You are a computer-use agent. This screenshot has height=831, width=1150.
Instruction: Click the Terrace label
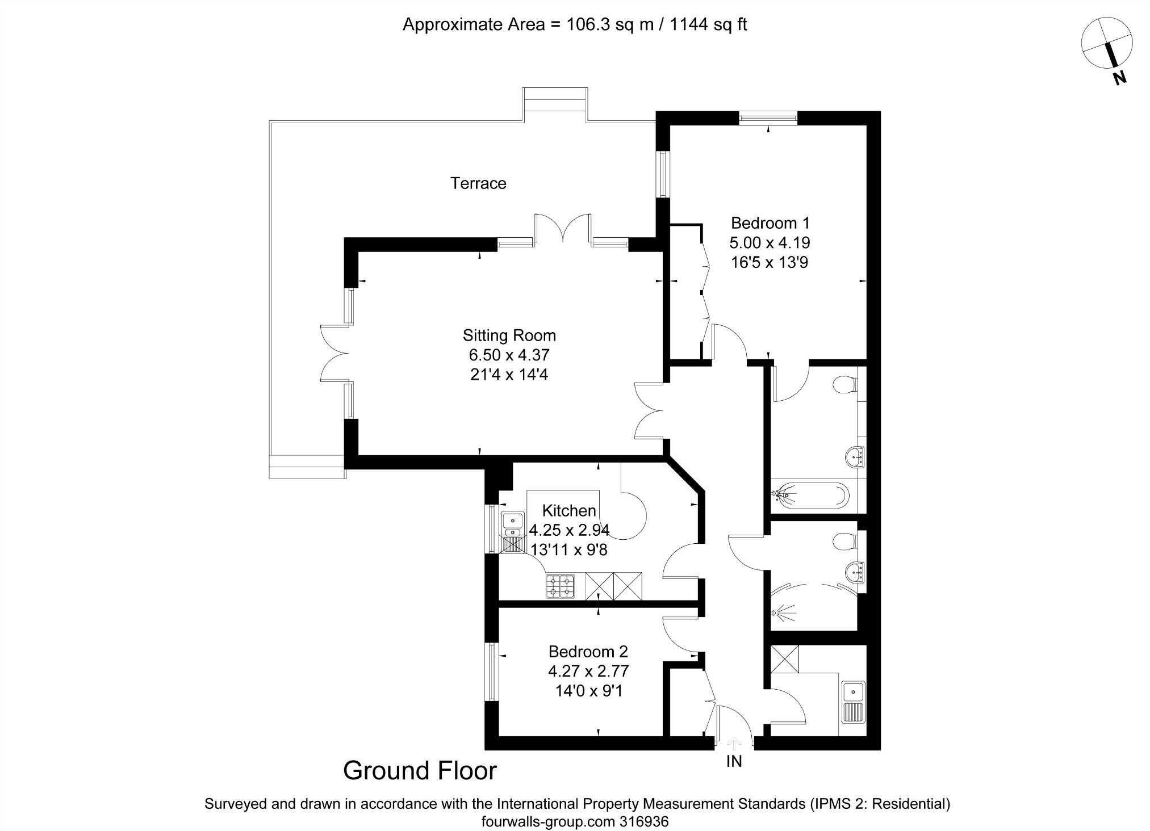tap(478, 183)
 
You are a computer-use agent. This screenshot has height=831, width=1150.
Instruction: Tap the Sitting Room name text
tap(509, 335)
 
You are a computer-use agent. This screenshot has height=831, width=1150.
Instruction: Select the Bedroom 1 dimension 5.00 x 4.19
tap(770, 243)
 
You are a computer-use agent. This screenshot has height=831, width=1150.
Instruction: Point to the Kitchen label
tap(568, 510)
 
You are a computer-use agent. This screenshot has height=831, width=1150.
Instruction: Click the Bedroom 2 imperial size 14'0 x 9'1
tap(588, 691)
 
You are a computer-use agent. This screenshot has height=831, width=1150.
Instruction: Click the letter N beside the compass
tap(1119, 78)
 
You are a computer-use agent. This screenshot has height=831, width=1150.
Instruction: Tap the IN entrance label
tap(734, 761)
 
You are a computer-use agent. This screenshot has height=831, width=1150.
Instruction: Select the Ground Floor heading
tap(420, 770)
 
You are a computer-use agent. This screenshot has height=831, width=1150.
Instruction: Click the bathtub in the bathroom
tap(812, 495)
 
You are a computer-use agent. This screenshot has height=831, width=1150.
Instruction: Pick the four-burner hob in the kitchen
tap(560, 586)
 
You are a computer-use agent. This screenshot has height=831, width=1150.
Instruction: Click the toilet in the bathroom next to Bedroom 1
tap(845, 385)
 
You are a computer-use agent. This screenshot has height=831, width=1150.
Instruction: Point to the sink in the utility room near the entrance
tap(853, 701)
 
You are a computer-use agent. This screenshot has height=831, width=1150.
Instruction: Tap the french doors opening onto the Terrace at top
tap(563, 229)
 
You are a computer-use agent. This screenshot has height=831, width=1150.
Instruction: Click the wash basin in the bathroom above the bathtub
tap(855, 456)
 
